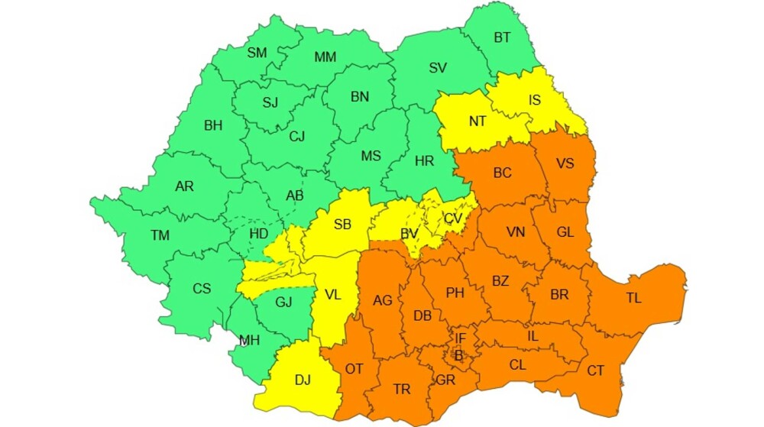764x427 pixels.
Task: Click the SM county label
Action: click(x=257, y=53)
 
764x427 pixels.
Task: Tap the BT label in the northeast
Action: click(x=502, y=37)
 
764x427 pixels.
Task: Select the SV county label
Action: click(x=437, y=68)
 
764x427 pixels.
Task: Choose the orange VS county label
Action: click(x=566, y=163)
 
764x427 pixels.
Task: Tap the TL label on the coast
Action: click(x=633, y=299)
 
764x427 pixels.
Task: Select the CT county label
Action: click(x=595, y=370)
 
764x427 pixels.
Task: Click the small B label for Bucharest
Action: click(x=458, y=355)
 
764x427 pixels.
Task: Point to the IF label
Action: click(x=460, y=338)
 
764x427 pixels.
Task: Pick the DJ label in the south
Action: click(x=303, y=378)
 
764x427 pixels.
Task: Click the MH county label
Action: click(x=249, y=341)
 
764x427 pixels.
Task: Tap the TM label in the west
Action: click(x=160, y=235)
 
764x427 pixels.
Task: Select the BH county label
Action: click(x=213, y=125)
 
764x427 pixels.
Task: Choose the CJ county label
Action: click(x=296, y=137)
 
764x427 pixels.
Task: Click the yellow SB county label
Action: click(x=342, y=224)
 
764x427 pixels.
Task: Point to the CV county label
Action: click(x=453, y=218)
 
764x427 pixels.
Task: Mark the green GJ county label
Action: click(x=283, y=302)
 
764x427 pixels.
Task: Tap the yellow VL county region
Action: click(x=334, y=294)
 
